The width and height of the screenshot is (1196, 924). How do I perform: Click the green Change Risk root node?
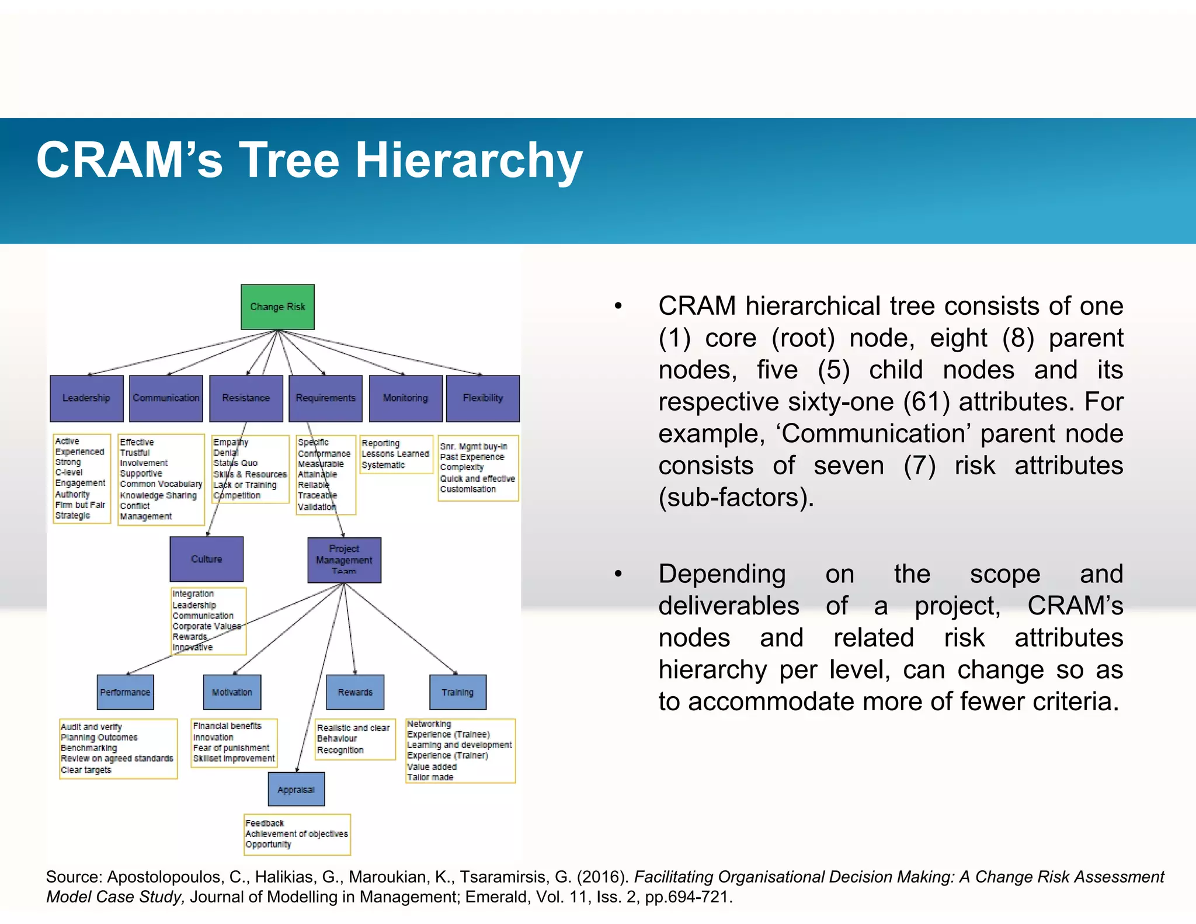(277, 307)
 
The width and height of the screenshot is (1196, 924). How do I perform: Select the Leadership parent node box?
(86, 398)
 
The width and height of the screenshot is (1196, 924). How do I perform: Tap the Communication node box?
(166, 398)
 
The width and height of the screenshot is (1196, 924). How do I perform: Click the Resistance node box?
(246, 398)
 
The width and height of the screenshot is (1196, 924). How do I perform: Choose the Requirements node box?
(325, 398)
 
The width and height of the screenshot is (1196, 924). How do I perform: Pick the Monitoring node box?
(405, 398)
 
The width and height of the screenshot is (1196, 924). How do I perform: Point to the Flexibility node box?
(482, 398)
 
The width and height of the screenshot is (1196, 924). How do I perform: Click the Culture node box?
(206, 559)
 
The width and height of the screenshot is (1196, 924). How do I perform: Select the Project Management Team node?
(344, 560)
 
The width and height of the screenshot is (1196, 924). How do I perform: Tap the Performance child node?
(125, 692)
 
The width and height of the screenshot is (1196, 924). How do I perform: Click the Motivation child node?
(232, 692)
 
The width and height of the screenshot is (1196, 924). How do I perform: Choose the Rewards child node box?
(355, 692)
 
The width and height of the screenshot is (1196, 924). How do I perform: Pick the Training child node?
(457, 692)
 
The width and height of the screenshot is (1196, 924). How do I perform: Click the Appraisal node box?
(296, 790)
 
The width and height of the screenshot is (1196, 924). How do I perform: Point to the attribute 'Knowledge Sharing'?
(158, 495)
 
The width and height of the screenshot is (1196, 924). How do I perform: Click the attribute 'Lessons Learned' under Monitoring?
(395, 454)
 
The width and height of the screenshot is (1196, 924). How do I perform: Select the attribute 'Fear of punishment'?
(231, 748)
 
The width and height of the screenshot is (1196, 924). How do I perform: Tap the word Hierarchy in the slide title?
(469, 160)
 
